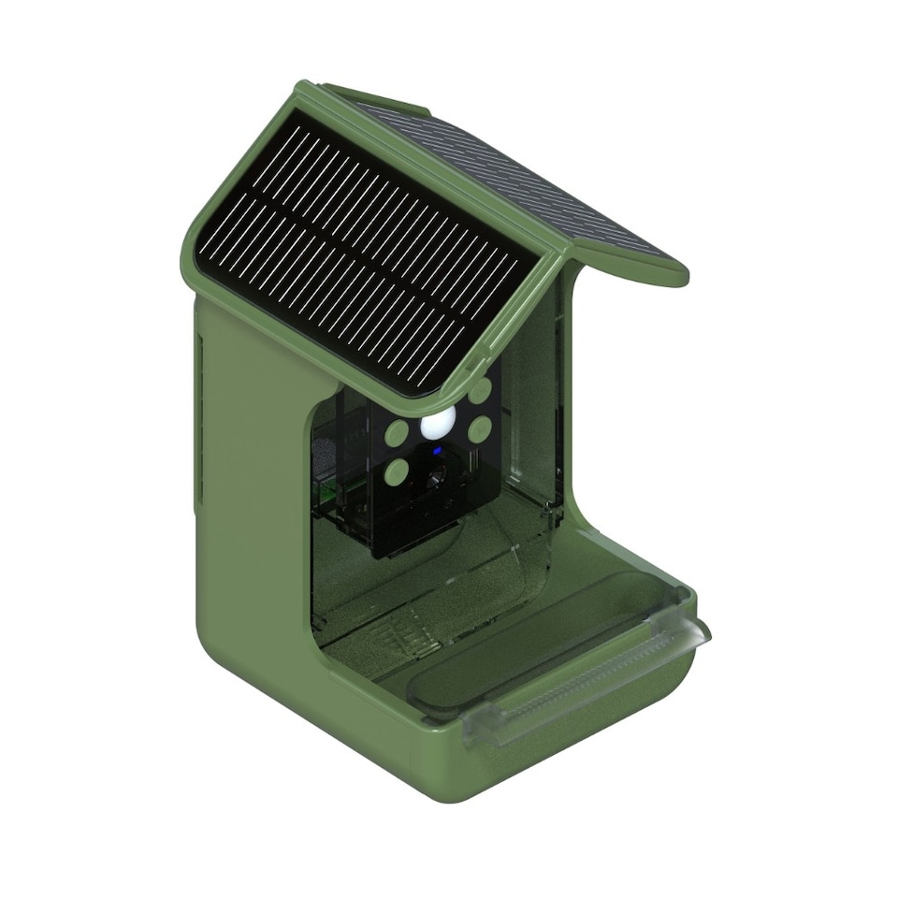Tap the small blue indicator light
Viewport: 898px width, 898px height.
(436, 454)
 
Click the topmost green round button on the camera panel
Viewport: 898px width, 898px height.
(480, 389)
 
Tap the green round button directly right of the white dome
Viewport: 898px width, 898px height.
(481, 428)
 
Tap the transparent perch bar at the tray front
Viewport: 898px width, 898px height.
(589, 683)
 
